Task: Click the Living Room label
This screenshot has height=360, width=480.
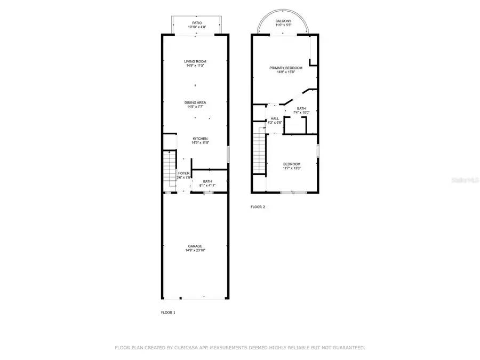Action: click(x=196, y=61)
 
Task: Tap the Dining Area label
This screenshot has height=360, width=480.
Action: click(x=195, y=102)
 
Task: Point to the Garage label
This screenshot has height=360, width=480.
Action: click(x=195, y=246)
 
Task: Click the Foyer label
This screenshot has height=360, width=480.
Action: click(x=183, y=173)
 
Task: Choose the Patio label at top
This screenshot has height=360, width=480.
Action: click(x=197, y=23)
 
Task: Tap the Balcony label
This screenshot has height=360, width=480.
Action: click(x=283, y=21)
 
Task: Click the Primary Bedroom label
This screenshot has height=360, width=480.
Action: click(x=286, y=68)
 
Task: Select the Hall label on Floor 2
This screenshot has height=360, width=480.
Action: click(x=275, y=118)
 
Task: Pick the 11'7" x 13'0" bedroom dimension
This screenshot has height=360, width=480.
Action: click(x=291, y=169)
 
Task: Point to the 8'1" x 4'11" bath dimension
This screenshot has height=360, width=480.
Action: click(x=207, y=186)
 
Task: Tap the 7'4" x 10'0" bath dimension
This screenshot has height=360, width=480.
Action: click(x=301, y=113)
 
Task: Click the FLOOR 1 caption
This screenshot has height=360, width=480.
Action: click(x=168, y=313)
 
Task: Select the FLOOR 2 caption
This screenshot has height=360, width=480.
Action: click(x=258, y=207)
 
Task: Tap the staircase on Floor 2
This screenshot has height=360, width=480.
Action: click(x=259, y=152)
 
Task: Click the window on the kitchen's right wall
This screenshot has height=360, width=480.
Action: click(x=229, y=154)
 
